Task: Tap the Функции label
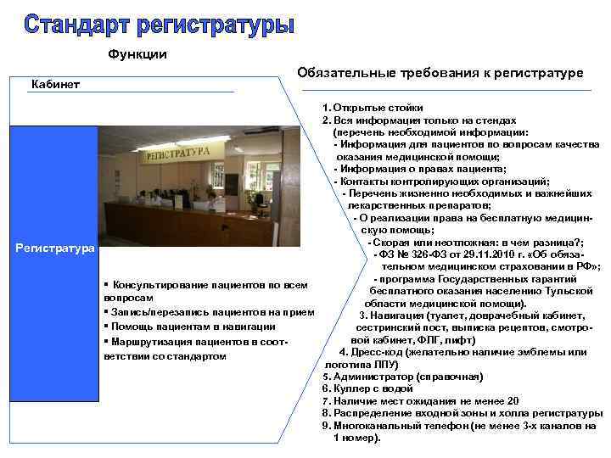click(x=137, y=55)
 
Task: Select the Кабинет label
click(x=55, y=83)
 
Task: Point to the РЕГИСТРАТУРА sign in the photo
click(x=177, y=155)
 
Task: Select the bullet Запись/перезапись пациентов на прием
click(x=202, y=311)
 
